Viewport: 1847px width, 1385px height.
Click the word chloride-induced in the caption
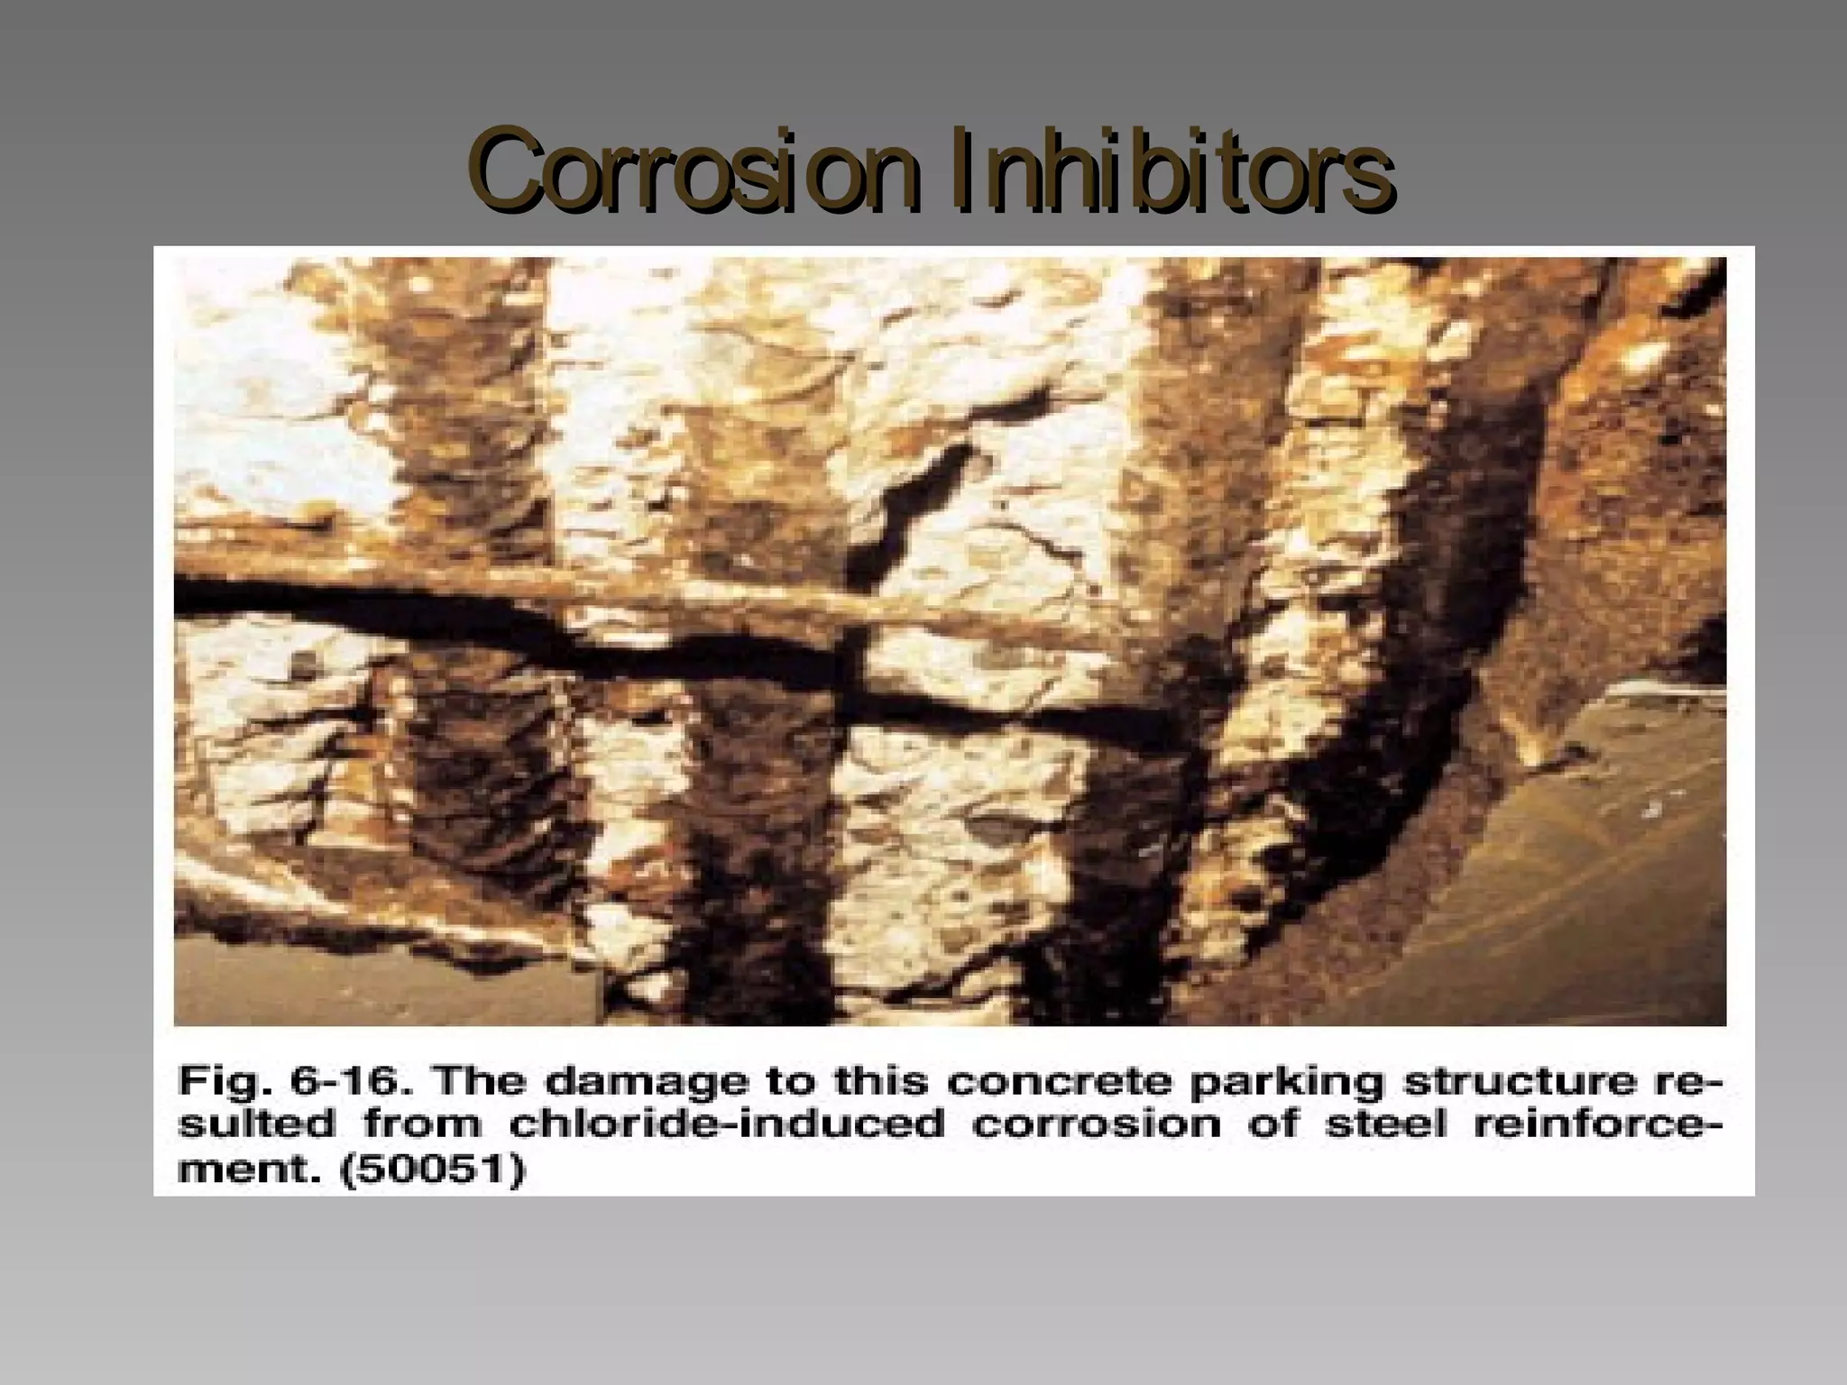tap(727, 1124)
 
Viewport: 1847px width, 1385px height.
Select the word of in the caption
tap(1272, 1124)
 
